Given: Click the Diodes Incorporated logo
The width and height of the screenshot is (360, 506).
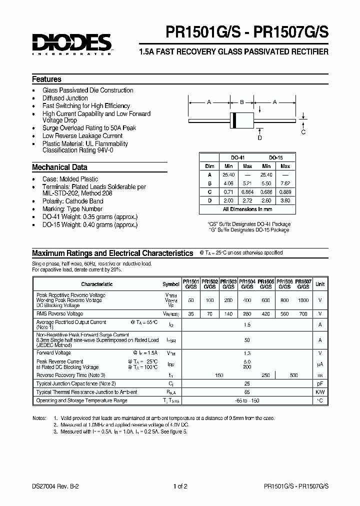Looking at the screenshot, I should [x=72, y=43].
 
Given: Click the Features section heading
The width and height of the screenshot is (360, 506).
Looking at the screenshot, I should [x=46, y=79].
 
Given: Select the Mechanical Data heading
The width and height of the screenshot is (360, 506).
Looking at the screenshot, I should [x=59, y=167].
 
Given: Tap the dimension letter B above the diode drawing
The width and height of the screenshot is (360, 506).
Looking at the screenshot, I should [x=241, y=102].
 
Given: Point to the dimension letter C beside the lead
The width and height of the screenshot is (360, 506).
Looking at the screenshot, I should [x=303, y=132].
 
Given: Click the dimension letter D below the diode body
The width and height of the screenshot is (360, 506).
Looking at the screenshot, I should [x=260, y=137].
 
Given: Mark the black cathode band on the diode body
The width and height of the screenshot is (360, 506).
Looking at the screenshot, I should [x=233, y=120].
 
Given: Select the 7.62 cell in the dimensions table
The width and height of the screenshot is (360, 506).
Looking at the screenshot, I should [x=285, y=183].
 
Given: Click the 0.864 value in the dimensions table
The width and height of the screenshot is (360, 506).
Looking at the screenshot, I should [x=247, y=191].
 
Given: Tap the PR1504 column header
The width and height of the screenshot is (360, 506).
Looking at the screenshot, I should [x=247, y=284].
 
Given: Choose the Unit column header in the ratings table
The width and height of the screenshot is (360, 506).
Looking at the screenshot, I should [x=320, y=284].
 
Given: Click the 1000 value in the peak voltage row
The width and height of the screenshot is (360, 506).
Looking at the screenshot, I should [x=303, y=300].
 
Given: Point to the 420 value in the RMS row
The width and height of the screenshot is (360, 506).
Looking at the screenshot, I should [x=266, y=314].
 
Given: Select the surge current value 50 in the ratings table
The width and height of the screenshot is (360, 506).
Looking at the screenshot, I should [x=247, y=340].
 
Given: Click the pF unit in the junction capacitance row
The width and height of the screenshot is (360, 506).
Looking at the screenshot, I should [x=320, y=383].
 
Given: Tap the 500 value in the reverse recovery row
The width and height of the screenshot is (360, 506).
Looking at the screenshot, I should [x=294, y=375].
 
